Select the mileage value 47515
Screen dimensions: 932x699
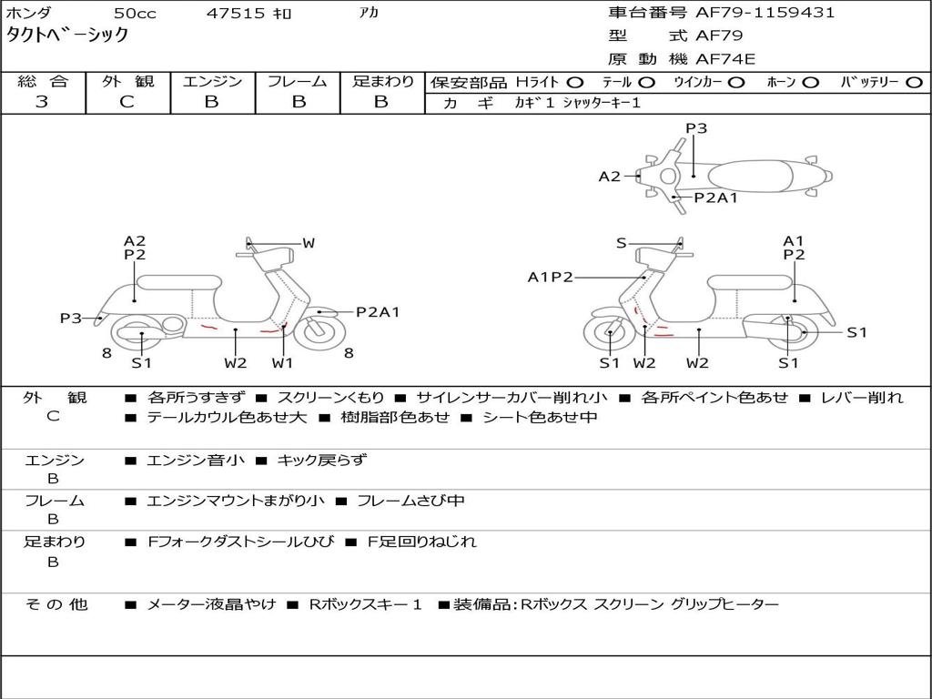pyautogui.click(x=236, y=13)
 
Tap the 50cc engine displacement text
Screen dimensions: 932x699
pyautogui.click(x=134, y=13)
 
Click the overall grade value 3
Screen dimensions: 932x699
pyautogui.click(x=42, y=102)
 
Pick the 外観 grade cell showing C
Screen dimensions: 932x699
pyautogui.click(x=127, y=102)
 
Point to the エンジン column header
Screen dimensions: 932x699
pyautogui.click(x=212, y=81)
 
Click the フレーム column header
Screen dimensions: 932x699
pyautogui.click(x=297, y=81)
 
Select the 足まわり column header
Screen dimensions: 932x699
pyautogui.click(x=382, y=81)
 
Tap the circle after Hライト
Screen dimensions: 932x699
pyautogui.click(x=575, y=82)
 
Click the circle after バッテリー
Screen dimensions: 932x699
pyautogui.click(x=913, y=82)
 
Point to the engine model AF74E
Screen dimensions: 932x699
pyautogui.click(x=725, y=59)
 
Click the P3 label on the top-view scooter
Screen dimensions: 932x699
pyautogui.click(x=696, y=128)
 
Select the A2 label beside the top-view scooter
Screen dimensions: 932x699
pyautogui.click(x=609, y=177)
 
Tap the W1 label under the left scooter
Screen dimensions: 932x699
pyautogui.click(x=283, y=363)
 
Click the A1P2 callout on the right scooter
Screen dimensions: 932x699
pyautogui.click(x=551, y=277)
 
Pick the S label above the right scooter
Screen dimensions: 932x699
pyautogui.click(x=622, y=243)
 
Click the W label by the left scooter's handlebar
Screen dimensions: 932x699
pyautogui.click(x=309, y=243)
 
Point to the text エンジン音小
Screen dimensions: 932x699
pyautogui.click(x=196, y=461)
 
